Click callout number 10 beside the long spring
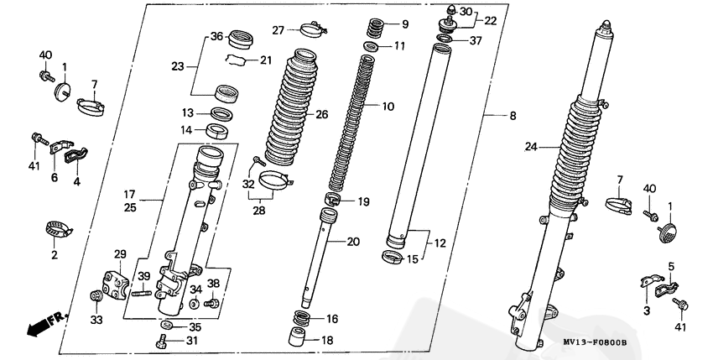[x=388, y=107]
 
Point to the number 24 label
[x=530, y=147]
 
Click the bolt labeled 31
[x=162, y=341]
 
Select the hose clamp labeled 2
[x=58, y=227]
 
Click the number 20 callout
[x=352, y=242]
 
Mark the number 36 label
[x=216, y=36]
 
